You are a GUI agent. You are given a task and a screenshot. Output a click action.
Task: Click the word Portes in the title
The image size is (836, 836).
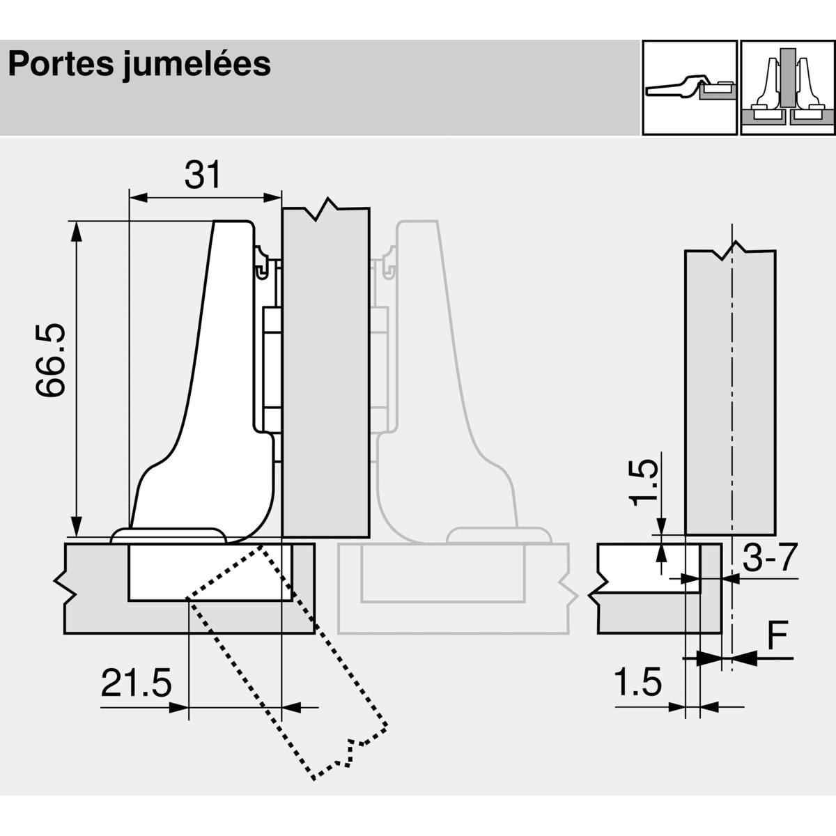(61, 64)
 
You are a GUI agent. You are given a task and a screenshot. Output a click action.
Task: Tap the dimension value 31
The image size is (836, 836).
(203, 175)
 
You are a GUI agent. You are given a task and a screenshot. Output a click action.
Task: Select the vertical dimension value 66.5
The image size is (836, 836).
(50, 360)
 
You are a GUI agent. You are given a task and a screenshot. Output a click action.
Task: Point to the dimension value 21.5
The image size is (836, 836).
(137, 683)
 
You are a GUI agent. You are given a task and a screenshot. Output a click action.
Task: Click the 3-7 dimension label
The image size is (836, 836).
(770, 558)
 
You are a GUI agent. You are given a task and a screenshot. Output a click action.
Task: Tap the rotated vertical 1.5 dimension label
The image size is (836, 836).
(644, 483)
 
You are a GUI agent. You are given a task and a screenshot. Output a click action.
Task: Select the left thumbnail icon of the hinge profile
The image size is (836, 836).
(690, 88)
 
